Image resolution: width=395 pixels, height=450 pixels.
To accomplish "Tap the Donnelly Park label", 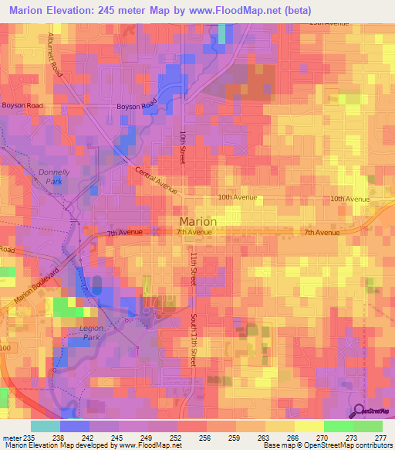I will click(54, 177).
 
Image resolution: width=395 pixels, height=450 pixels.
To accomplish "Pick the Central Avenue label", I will click(157, 180).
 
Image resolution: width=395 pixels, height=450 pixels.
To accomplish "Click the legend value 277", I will click(380, 438).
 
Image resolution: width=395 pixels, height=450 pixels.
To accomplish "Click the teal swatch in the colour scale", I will click(45, 426).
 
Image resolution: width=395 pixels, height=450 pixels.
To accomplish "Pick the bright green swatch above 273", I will click(338, 426).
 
